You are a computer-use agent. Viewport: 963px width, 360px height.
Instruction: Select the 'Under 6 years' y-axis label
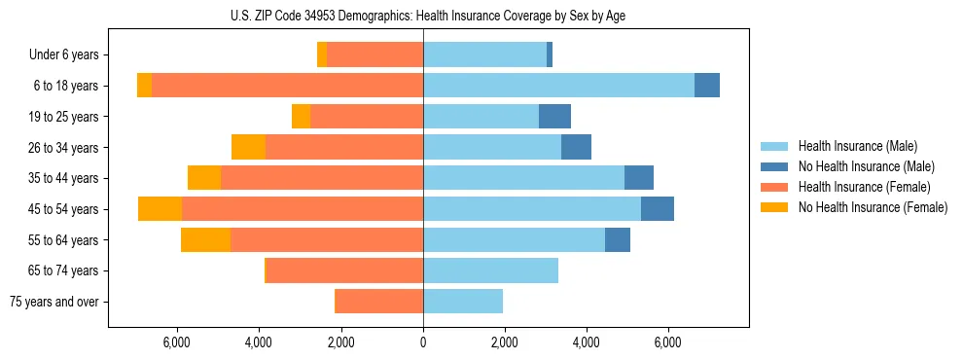(70, 55)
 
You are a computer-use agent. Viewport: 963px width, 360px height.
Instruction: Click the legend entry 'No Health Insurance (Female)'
(872, 207)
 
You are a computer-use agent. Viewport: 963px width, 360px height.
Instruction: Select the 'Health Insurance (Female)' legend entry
(864, 187)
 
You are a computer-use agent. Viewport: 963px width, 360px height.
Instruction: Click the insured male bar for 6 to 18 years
(558, 86)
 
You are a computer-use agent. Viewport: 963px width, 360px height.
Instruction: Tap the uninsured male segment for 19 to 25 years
(554, 117)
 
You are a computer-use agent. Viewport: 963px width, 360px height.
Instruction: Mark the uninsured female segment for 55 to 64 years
(205, 239)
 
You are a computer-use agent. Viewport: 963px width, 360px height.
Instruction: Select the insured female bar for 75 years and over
(378, 302)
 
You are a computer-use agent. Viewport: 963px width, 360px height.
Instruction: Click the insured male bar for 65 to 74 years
(490, 270)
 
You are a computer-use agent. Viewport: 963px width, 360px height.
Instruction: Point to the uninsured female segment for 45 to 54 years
(160, 209)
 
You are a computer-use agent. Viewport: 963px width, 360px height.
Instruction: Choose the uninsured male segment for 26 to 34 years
(576, 147)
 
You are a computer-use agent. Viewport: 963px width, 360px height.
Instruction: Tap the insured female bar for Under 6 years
(374, 55)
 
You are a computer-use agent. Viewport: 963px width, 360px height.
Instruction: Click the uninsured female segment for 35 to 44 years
(204, 178)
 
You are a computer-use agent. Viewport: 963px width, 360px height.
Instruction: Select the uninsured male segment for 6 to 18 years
(707, 86)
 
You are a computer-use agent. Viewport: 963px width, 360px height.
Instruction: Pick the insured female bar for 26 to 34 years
(344, 147)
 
